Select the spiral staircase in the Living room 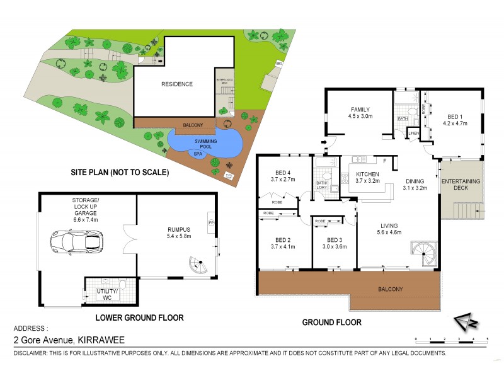(x=423, y=253)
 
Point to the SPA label (x=198, y=153)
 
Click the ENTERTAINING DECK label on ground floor (x=461, y=185)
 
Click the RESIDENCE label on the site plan (x=177, y=84)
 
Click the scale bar (x=451, y=340)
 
